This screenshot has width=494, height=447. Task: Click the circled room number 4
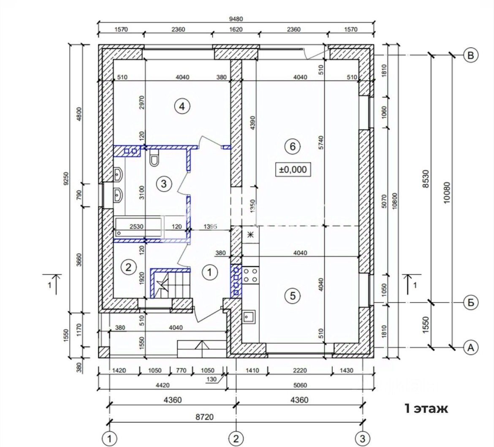coord(182,106)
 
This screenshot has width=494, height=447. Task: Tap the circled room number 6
coord(293,146)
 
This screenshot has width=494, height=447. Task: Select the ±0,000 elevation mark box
coord(293,170)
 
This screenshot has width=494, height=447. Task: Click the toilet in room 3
coord(155,158)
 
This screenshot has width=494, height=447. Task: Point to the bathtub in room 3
coord(138,227)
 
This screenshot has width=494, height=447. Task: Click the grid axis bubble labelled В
coord(471,55)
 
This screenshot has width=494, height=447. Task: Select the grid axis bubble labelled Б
coord(471,303)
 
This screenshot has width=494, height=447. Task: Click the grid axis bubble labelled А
coord(471,347)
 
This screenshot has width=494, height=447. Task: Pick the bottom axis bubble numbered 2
coord(236,439)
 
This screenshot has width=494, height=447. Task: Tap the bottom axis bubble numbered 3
coord(363,439)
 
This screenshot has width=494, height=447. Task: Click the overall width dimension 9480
coord(236,19)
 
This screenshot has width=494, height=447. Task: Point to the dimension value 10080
coord(447,193)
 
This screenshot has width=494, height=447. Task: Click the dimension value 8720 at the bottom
coord(204,417)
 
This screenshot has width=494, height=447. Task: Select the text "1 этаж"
coord(426,409)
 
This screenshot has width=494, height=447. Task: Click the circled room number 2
coord(128,268)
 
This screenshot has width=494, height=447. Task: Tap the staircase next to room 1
coord(171,282)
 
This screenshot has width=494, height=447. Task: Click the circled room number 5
coord(293,296)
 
